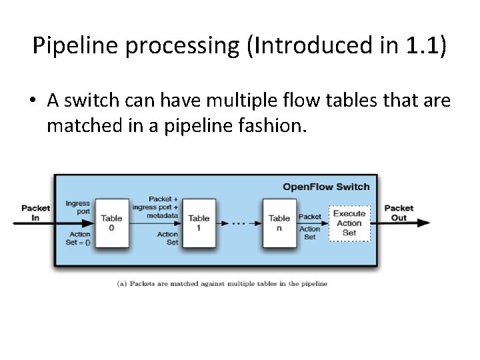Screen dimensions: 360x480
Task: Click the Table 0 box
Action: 111,223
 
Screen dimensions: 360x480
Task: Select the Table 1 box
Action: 199,223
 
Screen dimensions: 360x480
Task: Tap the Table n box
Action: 279,223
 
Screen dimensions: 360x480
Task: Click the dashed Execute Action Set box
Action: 349,223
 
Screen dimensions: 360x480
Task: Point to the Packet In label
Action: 35,213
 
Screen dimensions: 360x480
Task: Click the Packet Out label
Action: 399,213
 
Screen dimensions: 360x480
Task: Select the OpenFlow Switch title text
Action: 326,187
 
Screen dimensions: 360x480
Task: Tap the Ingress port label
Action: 78,207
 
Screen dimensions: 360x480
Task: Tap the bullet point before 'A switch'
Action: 33,101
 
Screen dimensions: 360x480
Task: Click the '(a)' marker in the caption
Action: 122,283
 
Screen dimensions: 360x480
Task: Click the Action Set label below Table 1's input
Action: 167,238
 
